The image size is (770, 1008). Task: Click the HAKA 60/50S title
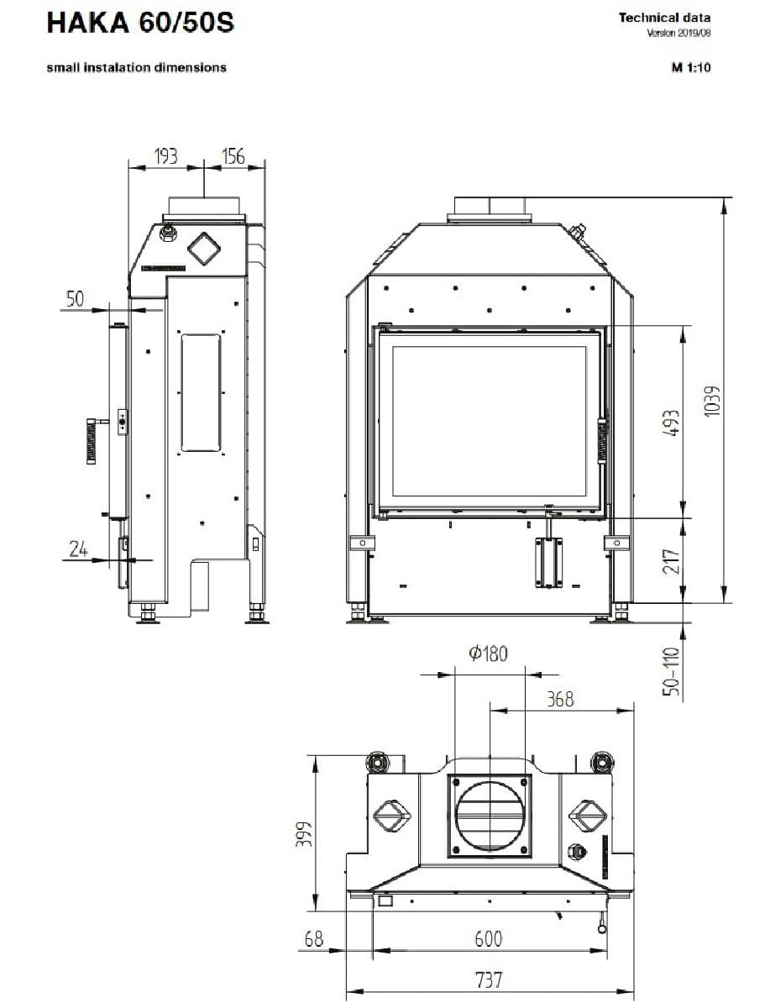(x=140, y=23)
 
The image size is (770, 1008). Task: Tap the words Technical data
(x=664, y=18)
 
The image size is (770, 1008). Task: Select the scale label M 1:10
(x=691, y=67)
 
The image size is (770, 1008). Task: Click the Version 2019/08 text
(x=678, y=33)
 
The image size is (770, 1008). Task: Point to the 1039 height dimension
(x=712, y=402)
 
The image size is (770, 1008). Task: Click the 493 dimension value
(x=671, y=423)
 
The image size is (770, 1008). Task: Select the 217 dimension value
(x=671, y=561)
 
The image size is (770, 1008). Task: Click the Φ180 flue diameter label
(x=488, y=654)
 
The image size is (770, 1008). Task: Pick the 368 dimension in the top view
(x=560, y=700)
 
